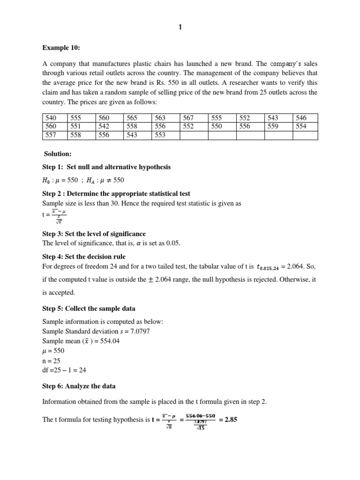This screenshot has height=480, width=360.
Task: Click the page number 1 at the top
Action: (x=180, y=28)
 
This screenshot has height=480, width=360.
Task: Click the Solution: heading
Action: (x=58, y=154)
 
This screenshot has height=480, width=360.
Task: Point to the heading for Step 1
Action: (x=106, y=167)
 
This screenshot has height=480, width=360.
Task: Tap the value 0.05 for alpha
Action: (x=172, y=243)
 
